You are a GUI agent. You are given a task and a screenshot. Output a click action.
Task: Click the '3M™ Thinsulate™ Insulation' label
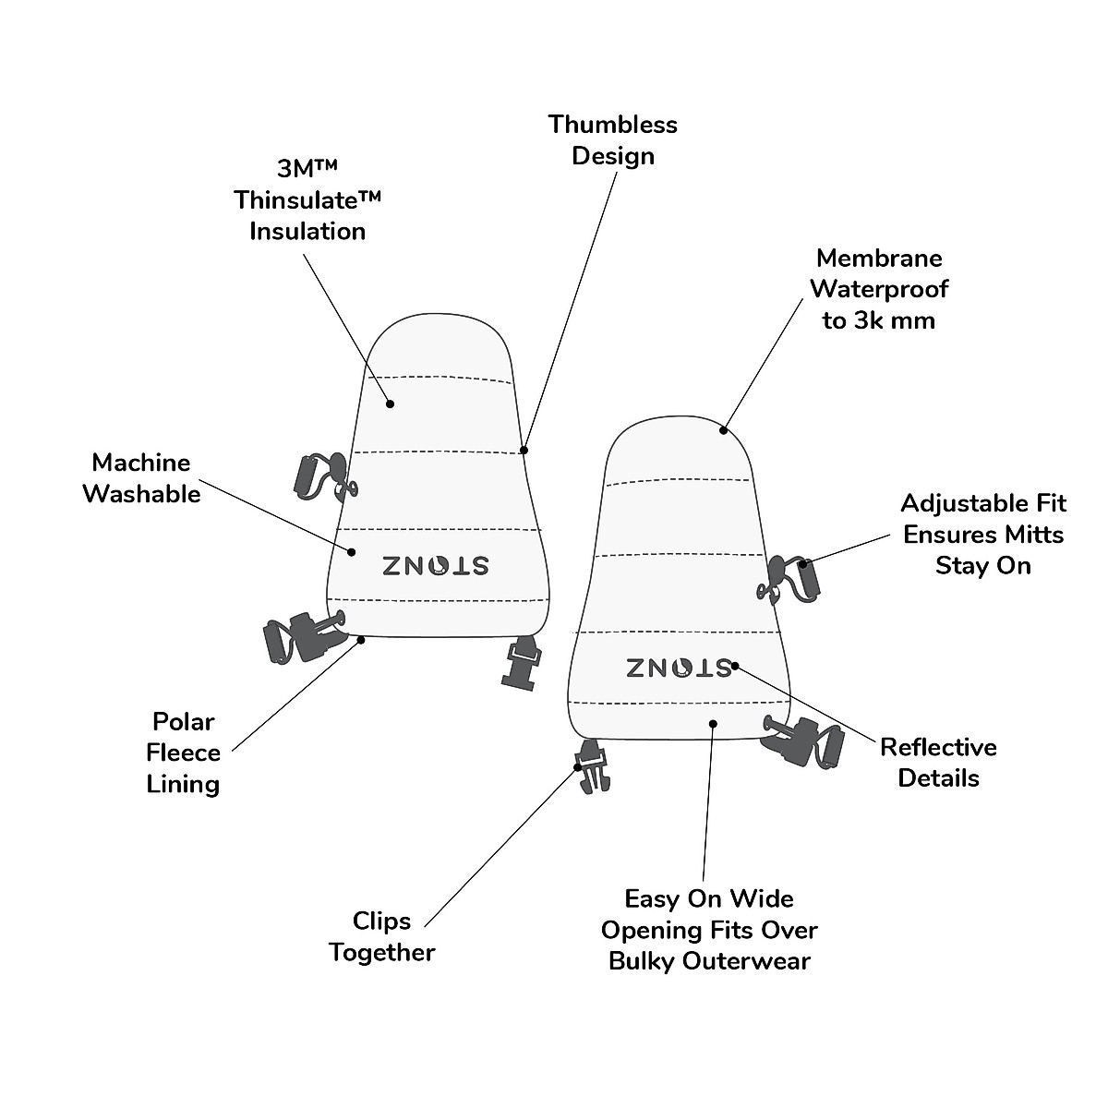click(307, 199)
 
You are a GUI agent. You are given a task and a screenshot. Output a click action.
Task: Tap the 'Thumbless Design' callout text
click(612, 139)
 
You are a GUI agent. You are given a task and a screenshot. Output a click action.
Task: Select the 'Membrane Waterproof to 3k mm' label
click(878, 289)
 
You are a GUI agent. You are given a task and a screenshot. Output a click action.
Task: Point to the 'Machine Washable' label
click(141, 478)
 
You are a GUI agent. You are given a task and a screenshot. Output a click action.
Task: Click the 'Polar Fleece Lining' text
click(183, 753)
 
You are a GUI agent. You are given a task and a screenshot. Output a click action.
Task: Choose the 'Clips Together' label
click(381, 936)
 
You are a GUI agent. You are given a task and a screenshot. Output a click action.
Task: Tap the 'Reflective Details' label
click(938, 762)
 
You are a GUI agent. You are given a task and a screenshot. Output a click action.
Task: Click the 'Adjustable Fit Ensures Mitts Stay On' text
click(982, 534)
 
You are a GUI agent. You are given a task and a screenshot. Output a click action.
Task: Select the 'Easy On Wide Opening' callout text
click(709, 929)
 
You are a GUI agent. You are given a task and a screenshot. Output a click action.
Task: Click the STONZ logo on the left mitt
click(436, 565)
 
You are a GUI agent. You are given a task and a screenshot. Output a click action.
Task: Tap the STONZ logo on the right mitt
click(679, 667)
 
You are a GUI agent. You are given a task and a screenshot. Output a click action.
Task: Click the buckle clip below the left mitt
click(520, 661)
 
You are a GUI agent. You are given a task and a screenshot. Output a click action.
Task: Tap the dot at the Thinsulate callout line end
click(391, 403)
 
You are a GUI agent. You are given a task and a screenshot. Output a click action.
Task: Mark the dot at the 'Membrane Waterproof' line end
click(724, 429)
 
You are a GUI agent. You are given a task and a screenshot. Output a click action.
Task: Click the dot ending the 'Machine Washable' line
click(352, 552)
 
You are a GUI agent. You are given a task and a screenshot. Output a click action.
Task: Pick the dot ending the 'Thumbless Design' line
click(524, 451)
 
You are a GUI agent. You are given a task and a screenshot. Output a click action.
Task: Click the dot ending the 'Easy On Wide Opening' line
click(713, 723)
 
